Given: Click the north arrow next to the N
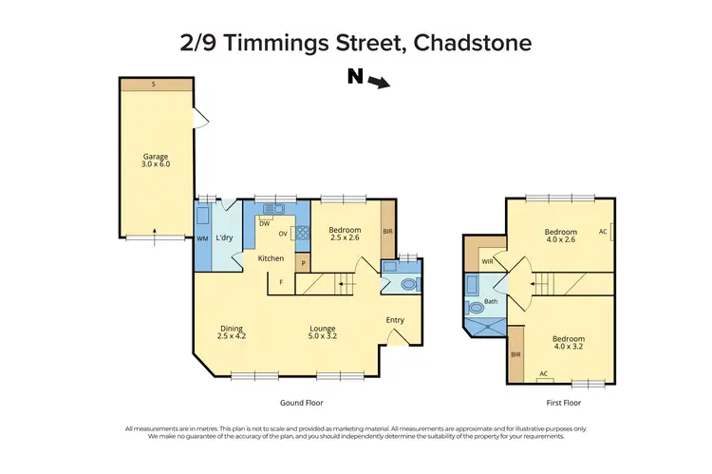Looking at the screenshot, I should tap(381, 83).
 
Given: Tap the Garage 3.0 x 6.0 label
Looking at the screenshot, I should tap(156, 159).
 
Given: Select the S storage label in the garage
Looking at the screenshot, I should tap(156, 85).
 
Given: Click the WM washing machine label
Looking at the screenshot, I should tap(202, 238).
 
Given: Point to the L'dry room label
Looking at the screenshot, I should tap(225, 237).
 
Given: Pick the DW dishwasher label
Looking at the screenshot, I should tap(264, 223).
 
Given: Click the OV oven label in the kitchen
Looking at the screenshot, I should tap(283, 234).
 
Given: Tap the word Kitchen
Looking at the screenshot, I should tap(272, 257).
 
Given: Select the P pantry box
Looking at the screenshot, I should tap(303, 262).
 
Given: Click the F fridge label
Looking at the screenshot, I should tap(280, 281).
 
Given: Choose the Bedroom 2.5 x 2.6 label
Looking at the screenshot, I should tap(344, 234).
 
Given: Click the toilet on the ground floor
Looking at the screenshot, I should tap(408, 283).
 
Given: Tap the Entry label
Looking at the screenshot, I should tap(395, 320).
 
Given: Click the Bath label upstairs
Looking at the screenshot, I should tap(491, 302).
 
